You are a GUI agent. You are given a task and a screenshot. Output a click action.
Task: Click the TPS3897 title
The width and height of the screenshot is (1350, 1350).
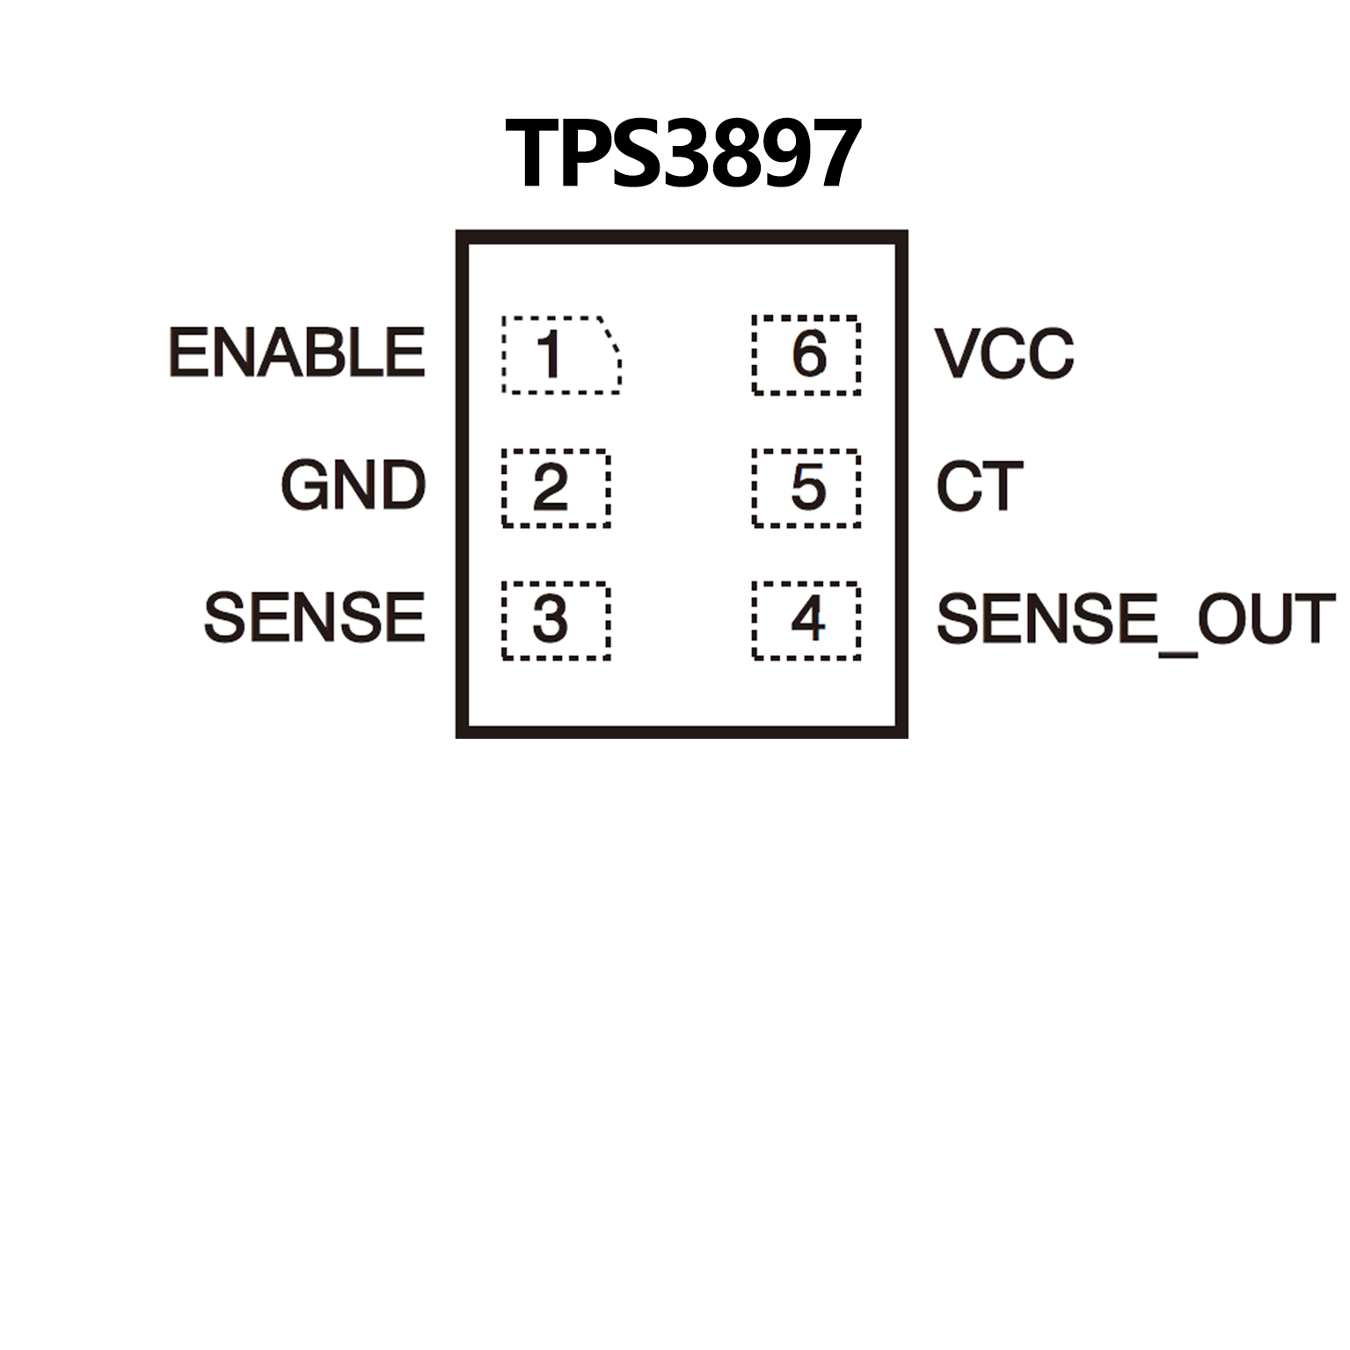(682, 154)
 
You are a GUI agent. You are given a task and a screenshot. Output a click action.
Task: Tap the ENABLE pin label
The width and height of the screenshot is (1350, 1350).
(296, 353)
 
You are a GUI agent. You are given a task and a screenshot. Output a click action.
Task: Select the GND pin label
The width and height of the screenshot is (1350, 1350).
(353, 485)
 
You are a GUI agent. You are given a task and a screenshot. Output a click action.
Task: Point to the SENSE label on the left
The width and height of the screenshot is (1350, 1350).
(314, 617)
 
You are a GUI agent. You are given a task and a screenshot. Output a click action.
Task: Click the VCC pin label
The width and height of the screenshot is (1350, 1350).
(1003, 354)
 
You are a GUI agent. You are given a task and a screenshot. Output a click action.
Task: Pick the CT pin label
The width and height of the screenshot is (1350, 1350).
(979, 485)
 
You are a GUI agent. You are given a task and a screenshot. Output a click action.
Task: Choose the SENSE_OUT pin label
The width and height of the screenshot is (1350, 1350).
(1135, 619)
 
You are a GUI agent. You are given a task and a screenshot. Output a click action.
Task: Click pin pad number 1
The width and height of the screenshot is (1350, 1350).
(559, 354)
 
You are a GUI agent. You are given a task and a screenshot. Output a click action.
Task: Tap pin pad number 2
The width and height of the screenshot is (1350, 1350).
(556, 488)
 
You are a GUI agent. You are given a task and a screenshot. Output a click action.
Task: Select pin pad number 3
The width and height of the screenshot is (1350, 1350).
(556, 620)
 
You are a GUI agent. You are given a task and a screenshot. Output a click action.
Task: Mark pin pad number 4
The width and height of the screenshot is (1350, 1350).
(806, 620)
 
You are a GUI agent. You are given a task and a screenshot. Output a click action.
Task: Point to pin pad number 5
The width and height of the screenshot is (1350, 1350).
(806, 488)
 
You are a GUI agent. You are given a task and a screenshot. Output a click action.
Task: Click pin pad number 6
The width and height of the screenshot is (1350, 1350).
(806, 354)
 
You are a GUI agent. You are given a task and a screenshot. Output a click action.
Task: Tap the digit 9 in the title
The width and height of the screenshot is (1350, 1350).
(781, 155)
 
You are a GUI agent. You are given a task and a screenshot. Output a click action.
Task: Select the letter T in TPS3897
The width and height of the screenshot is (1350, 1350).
(534, 155)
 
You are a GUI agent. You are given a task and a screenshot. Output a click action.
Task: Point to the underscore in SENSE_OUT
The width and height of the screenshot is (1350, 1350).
(1177, 651)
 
